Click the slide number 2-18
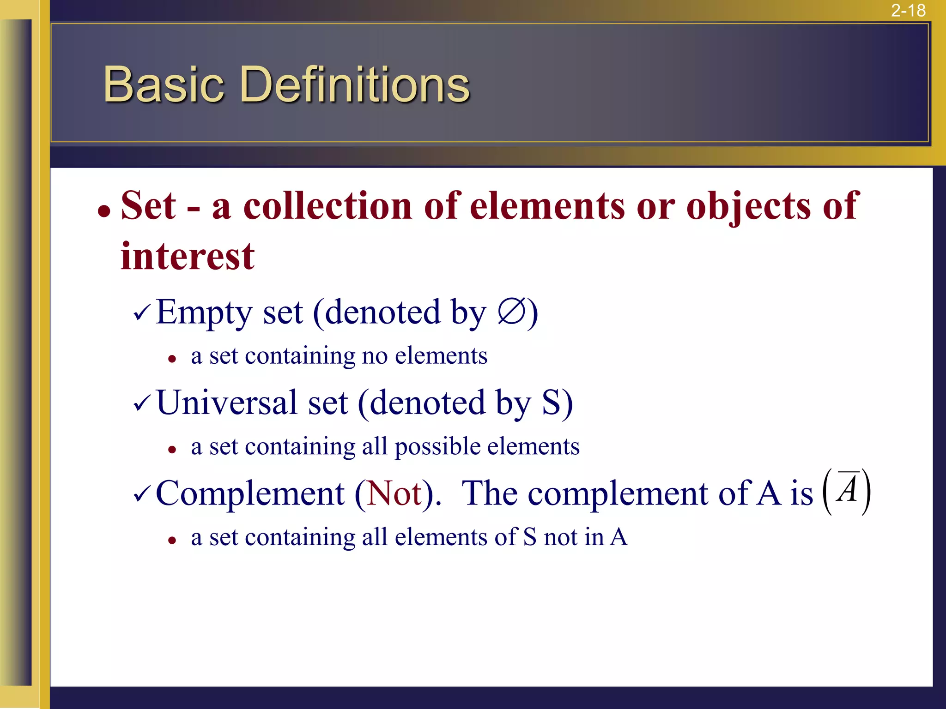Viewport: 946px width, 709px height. click(x=908, y=11)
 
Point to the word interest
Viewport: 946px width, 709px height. click(x=188, y=256)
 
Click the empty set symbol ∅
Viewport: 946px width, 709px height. click(x=511, y=312)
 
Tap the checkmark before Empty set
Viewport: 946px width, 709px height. click(x=141, y=313)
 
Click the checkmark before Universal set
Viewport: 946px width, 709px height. click(x=141, y=403)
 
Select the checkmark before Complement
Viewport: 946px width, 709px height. click(x=141, y=494)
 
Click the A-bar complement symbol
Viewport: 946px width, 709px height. click(x=848, y=490)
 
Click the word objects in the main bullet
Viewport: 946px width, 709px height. click(x=748, y=206)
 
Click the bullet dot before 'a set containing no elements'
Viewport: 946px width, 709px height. click(x=172, y=359)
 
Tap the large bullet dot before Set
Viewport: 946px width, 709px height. click(x=104, y=211)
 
